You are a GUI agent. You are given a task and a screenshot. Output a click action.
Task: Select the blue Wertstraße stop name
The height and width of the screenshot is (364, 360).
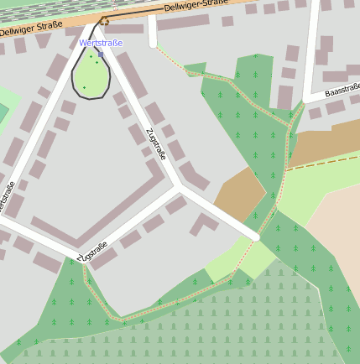[101, 43]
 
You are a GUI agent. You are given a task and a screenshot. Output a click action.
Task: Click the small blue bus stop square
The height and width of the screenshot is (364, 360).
[101, 55]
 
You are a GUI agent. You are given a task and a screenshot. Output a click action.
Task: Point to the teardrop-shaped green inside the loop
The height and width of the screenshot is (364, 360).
[91, 75]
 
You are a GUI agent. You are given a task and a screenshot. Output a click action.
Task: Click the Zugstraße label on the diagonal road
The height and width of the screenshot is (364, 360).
[156, 143]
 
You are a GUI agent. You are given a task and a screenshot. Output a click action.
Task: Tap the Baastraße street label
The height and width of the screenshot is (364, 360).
[342, 89]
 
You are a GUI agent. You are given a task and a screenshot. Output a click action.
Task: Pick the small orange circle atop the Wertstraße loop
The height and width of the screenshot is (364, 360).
[105, 19]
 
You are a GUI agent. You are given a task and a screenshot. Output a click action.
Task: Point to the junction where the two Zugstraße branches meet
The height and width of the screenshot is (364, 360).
[179, 190]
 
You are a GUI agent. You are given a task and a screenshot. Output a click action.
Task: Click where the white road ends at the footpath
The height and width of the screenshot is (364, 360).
[257, 237]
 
